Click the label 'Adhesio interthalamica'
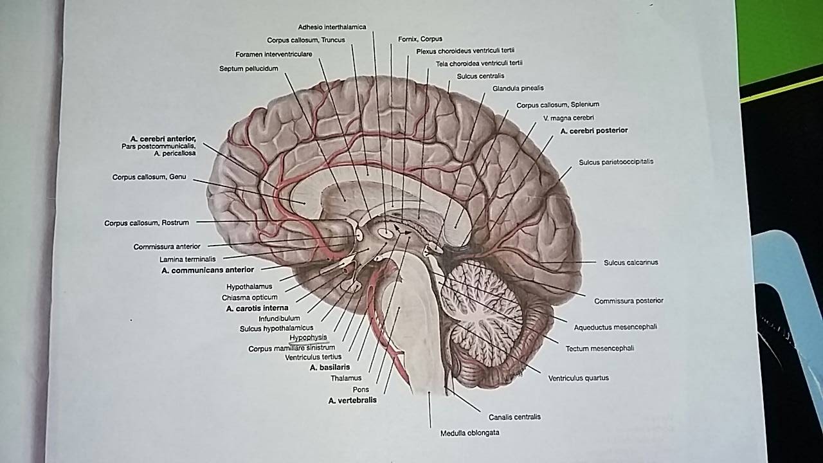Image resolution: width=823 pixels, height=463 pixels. coord(332,27)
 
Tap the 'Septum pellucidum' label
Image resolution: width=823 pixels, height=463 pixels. coord(248,68)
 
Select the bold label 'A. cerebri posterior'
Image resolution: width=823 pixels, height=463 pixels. coord(593,131)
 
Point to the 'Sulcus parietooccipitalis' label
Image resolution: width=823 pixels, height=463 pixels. coord(615,162)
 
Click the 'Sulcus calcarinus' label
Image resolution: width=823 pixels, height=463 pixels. coord(631,262)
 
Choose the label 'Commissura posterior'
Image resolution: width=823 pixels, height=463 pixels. coord(628,300)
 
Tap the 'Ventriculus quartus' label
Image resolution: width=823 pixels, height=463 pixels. coord(578,378)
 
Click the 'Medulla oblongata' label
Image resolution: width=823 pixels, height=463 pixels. coord(469,433)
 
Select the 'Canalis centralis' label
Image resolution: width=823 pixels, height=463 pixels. coord(514,417)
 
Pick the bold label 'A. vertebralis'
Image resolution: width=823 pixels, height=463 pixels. coord(352,400)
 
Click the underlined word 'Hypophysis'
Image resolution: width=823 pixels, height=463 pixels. coord(308,338)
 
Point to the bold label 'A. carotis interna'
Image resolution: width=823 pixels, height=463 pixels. coord(257,309)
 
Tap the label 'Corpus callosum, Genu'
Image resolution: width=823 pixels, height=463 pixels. coord(149,177)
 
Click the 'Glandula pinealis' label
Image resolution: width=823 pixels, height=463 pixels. coord(518,88)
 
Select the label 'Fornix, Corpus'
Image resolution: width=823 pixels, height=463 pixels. coord(420,39)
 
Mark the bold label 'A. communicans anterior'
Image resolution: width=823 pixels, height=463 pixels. coord(208,270)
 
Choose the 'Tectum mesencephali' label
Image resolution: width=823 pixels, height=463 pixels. coord(599,349)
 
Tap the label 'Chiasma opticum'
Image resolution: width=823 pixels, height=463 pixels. coord(249,298)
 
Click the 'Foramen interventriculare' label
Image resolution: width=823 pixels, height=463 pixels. coord(273,54)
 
